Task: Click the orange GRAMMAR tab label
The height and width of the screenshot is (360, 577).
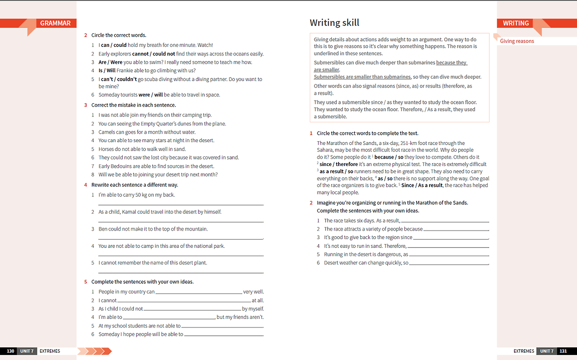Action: [55, 23]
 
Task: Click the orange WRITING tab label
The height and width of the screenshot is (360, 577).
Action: [516, 23]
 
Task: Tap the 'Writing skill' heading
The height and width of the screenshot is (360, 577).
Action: [334, 23]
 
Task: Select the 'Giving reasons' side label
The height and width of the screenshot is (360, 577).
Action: [517, 41]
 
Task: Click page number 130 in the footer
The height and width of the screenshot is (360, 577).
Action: [10, 351]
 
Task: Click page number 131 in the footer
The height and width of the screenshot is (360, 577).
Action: [563, 351]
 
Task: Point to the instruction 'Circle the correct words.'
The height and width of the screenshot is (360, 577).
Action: [119, 35]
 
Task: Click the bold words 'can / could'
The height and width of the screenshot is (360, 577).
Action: [114, 45]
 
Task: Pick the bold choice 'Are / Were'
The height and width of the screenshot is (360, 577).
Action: [110, 62]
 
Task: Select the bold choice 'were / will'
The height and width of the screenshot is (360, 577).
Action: [151, 95]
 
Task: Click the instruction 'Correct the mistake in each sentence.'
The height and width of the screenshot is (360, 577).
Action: [133, 105]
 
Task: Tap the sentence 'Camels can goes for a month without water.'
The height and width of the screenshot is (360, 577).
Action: [147, 132]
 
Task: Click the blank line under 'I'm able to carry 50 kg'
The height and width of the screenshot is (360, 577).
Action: [181, 204]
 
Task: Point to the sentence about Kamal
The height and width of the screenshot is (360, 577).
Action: [160, 212]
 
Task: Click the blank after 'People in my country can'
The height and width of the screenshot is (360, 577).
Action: [198, 293]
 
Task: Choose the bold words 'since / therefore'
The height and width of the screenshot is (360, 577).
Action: [339, 164]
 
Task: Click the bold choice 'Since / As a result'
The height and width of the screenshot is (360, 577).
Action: [421, 185]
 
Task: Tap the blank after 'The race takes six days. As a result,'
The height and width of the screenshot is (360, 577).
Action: [444, 222]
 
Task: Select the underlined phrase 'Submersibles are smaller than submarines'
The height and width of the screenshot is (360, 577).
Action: [362, 77]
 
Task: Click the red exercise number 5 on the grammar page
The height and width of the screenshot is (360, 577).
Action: [85, 282]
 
